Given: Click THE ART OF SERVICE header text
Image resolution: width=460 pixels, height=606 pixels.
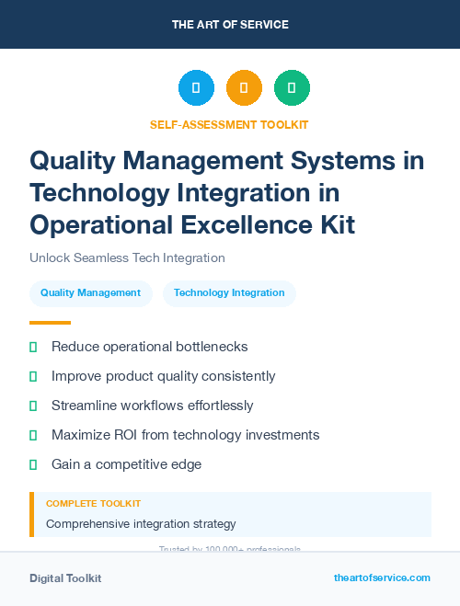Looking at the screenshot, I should coord(230,25).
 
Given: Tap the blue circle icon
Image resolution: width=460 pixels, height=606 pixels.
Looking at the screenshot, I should coord(196,88).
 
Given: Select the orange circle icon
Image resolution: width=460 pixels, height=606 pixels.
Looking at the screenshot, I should coord(244,88).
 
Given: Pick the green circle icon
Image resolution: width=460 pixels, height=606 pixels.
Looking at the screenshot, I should coord(292,88).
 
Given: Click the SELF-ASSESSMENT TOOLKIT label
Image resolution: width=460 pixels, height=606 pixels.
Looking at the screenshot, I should coord(229,124).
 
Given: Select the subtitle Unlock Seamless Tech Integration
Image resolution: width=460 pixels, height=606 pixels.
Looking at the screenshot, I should coord(127,258).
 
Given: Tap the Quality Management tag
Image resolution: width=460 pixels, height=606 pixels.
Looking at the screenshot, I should coord(90,293).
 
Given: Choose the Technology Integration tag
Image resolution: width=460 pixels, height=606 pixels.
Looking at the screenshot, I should coord(229,293).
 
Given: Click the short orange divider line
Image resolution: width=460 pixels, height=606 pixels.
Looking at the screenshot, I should coord(50,323).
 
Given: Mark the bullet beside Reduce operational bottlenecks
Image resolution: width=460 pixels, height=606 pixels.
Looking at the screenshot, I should coord(34,347).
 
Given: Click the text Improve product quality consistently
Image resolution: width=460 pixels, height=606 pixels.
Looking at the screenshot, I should coord(163,376).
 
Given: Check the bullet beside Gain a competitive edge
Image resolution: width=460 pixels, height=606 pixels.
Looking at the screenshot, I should coord(34,464).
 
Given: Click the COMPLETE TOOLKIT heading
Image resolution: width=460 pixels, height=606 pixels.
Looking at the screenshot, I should coord(93,504).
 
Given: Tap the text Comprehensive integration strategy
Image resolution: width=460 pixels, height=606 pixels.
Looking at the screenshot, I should coord(141,524).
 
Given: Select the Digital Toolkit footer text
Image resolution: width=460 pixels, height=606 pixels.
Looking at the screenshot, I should coord(65,578).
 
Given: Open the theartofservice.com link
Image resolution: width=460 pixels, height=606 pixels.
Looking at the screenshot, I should coord(382,577).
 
